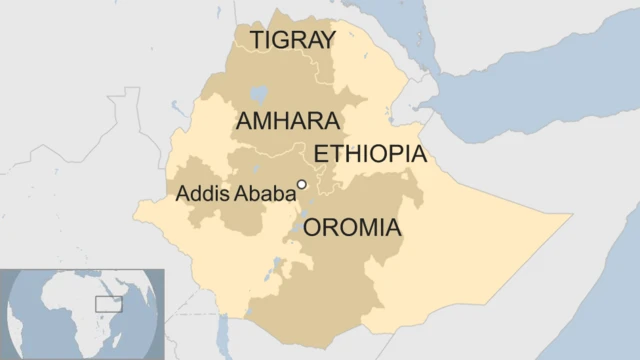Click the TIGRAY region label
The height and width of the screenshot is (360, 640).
pos(293,40)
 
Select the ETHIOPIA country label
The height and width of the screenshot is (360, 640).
pos(370,155)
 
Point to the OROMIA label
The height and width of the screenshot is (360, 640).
pos(352,229)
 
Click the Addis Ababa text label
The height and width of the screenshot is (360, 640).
pos(234,193)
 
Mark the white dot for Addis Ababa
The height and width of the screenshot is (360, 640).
pos(301,184)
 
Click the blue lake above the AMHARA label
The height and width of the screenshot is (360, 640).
pos(259,94)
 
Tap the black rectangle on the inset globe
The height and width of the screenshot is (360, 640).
pos(108,303)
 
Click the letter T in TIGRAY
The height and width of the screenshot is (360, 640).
pos(257,40)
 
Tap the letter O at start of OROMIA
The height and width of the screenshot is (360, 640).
pos(312,229)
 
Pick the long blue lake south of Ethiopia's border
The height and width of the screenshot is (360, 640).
pos(226,330)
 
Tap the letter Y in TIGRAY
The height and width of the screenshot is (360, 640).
pos(328,40)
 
